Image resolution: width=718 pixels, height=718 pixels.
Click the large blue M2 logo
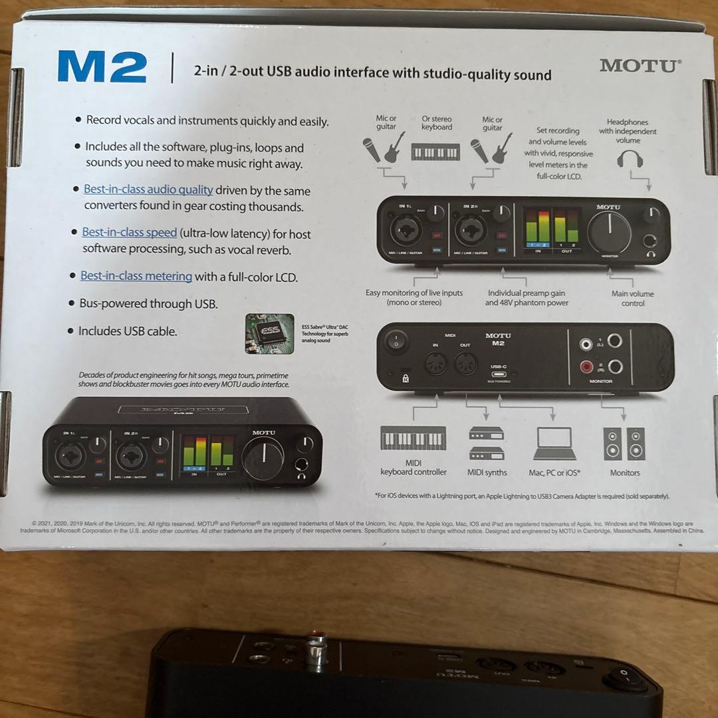pyautogui.click(x=102, y=67)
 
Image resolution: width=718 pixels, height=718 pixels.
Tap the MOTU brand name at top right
pyautogui.click(x=640, y=65)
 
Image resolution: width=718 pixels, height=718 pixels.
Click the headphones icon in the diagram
pyautogui.click(x=629, y=158)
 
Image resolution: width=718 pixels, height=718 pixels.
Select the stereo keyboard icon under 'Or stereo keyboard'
pyautogui.click(x=436, y=153)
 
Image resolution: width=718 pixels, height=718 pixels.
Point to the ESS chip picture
pyautogui.click(x=269, y=333)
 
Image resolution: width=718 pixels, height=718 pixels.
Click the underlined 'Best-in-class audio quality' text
pyautogui.click(x=148, y=189)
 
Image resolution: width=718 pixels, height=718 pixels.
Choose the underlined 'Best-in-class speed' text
pyautogui.click(x=130, y=233)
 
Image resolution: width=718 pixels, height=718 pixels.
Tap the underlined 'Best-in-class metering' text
pyautogui.click(x=136, y=276)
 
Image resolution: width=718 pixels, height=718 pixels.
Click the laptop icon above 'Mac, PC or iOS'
pyautogui.click(x=555, y=444)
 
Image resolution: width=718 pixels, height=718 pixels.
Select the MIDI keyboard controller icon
pyautogui.click(x=413, y=439)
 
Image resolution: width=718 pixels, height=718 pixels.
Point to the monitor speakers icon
pyautogui.click(x=624, y=444)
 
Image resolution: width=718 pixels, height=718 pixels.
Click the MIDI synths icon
pyautogui.click(x=486, y=443)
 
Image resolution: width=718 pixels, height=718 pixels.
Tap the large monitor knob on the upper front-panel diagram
pyautogui.click(x=609, y=233)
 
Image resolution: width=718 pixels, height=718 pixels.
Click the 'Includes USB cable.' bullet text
pyautogui.click(x=128, y=331)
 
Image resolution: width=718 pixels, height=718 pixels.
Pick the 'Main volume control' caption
pyautogui.click(x=632, y=299)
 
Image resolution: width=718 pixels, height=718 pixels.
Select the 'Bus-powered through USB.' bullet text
pyautogui.click(x=148, y=304)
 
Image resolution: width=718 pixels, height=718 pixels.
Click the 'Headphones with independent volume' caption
pyautogui.click(x=628, y=131)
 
